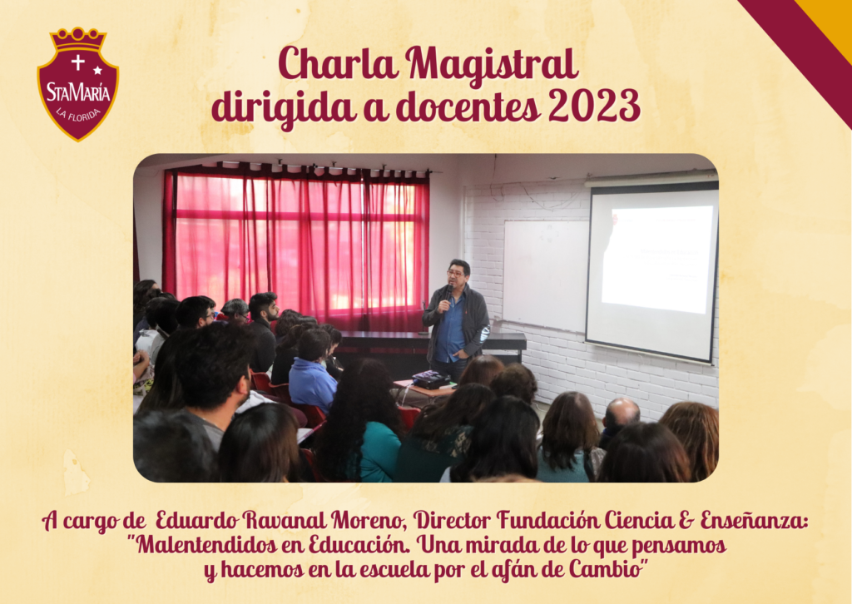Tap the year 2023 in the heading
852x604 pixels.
(x=594, y=106)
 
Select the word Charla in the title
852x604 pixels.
(x=338, y=63)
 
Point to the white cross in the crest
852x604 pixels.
(x=77, y=62)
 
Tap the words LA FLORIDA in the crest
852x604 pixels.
(x=79, y=115)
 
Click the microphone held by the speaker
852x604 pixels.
(x=448, y=292)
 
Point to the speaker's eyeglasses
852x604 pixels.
(x=455, y=274)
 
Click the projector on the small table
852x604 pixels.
(x=431, y=379)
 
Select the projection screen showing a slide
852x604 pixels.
(x=651, y=270)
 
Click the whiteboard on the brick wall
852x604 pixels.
(x=545, y=276)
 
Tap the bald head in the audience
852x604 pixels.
(x=621, y=413)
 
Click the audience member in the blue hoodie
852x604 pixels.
(x=312, y=371)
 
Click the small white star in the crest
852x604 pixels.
(x=98, y=70)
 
